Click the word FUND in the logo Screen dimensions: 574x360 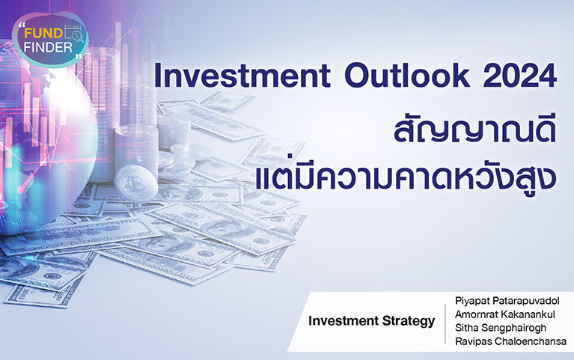pos(43,34)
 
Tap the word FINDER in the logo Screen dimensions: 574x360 pos(49,47)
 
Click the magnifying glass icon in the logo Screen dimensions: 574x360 pos(77,36)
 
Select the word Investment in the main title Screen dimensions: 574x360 pos(242,76)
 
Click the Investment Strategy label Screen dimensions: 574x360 pos(371,321)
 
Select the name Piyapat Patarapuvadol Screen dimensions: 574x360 pos(507,301)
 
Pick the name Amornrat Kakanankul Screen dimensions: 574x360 pos(505,314)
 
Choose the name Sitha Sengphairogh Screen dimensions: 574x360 pos(501,328)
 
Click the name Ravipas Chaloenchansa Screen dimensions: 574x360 pos(510,341)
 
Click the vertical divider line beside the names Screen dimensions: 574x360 pos(445,324)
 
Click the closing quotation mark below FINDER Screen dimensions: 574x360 pos(78,56)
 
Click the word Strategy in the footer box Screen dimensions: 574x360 pos(409,322)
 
